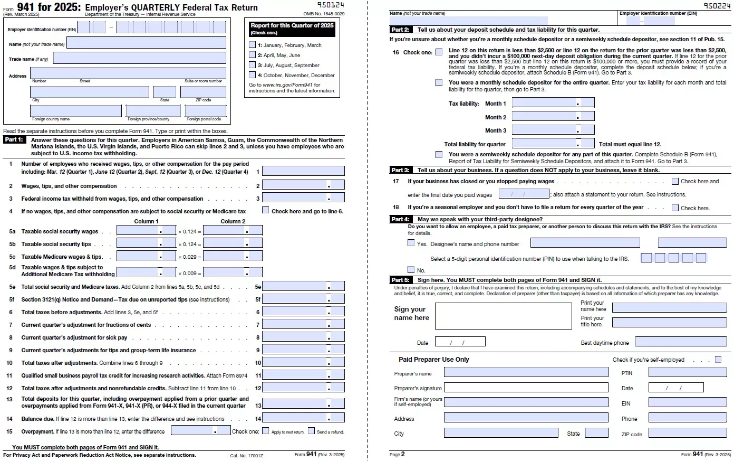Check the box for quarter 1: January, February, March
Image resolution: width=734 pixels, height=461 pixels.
point(252,45)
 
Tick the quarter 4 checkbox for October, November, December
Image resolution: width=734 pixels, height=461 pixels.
point(252,75)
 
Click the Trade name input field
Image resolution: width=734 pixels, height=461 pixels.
point(139,58)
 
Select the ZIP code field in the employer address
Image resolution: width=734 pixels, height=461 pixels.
point(203,92)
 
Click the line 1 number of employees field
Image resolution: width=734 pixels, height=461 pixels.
point(303,171)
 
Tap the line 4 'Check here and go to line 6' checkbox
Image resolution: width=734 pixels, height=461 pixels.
point(266,210)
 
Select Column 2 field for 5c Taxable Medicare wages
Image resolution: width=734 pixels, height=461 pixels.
point(233,257)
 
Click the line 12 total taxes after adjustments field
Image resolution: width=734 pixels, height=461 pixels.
point(303,388)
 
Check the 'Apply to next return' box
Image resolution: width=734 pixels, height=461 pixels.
point(266,431)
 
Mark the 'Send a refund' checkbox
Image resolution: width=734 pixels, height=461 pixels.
point(311,431)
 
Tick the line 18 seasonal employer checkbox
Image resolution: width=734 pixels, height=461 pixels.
point(675,208)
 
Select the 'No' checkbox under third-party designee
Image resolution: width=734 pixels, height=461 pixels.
point(411,269)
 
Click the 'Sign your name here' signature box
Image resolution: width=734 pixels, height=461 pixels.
point(503,316)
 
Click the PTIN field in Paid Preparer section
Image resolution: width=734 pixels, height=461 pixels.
point(687,372)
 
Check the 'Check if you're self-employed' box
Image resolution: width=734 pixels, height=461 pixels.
point(718,360)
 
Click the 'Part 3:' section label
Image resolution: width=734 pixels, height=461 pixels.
point(400,170)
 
